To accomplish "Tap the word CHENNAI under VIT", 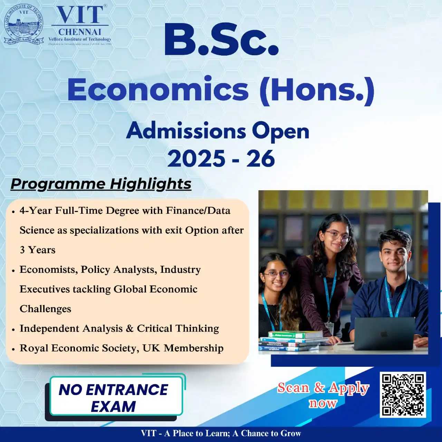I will point(80,32).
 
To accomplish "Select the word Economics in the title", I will point(158,89).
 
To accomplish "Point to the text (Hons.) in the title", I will point(317,90).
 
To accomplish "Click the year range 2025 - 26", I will point(221,158).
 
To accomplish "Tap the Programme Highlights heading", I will point(101,184).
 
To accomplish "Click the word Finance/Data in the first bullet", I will point(198,210).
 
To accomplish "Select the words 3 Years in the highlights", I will point(37,250).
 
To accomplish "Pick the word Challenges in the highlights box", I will point(45,309).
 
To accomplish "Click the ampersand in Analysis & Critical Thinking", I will point(129,328).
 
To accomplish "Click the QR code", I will point(403,395).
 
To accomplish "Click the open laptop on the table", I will point(384,334).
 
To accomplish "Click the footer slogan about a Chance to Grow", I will point(221,434).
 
